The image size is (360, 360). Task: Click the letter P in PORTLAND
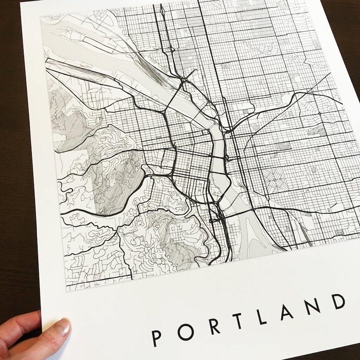(156, 336)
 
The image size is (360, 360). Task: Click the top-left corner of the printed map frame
(40, 14)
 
